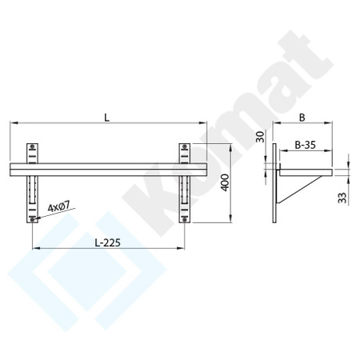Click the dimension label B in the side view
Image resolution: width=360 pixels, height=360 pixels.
pyautogui.click(x=303, y=117)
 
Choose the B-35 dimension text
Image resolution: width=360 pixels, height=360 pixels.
pyautogui.click(x=305, y=146)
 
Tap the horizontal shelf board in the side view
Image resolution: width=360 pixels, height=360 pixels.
pyautogui.click(x=304, y=170)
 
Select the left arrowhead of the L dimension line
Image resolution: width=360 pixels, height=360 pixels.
pyautogui.click(x=12, y=123)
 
